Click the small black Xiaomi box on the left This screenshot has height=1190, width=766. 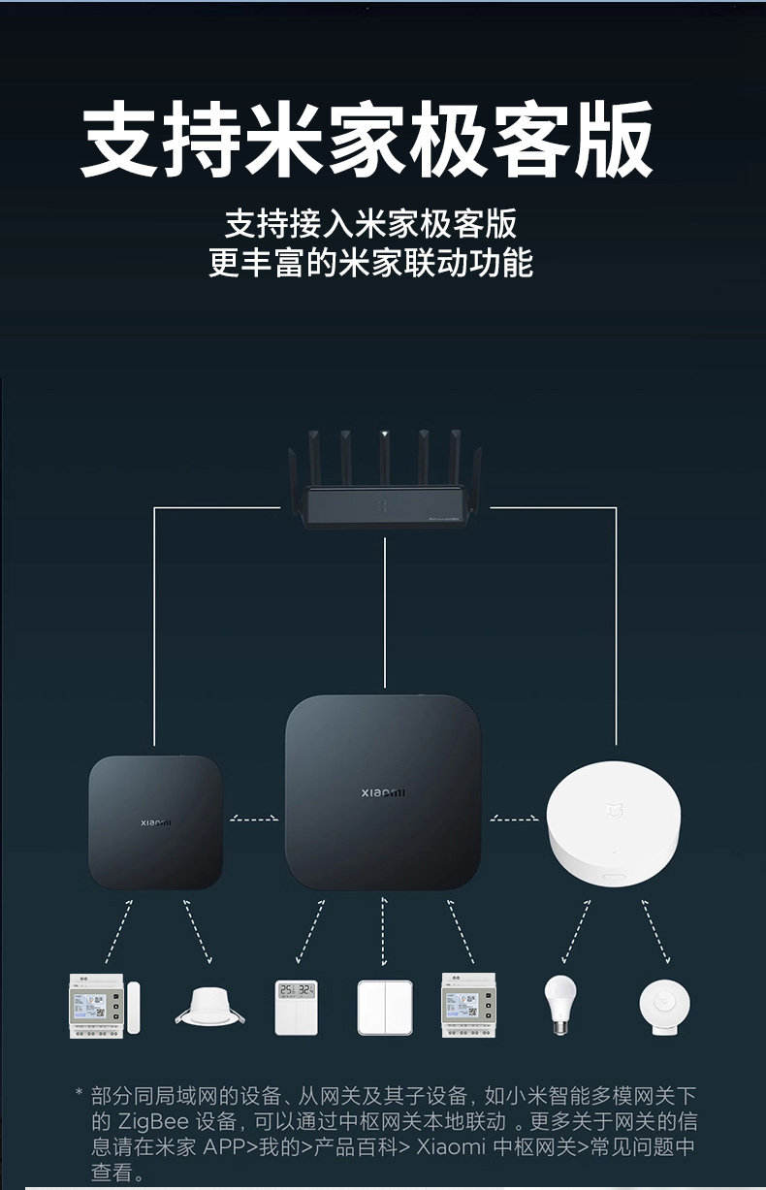(155, 822)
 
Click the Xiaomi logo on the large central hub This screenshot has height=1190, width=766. (384, 793)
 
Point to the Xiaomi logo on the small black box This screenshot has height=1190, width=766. (155, 822)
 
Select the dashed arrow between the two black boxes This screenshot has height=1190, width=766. (254, 820)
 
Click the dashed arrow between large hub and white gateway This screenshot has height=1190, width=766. (514, 820)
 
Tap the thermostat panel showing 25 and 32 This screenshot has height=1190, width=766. (296, 1007)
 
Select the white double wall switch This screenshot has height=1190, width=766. (384, 1007)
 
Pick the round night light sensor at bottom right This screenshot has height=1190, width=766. (665, 1007)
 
